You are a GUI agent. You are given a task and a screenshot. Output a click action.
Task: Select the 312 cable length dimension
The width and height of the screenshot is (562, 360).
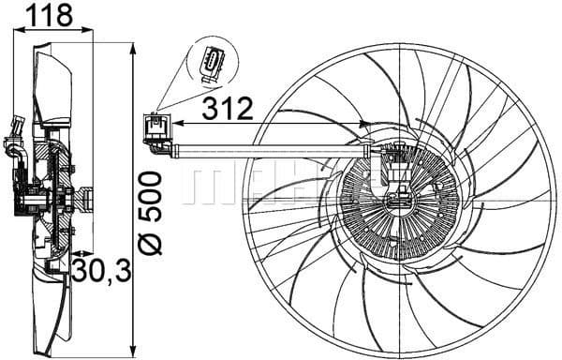tap(228, 109)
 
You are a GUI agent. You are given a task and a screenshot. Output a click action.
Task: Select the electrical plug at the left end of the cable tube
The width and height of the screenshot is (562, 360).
tap(154, 130)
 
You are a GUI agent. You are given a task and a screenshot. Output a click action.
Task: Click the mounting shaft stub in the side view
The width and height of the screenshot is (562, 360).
tap(87, 199)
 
